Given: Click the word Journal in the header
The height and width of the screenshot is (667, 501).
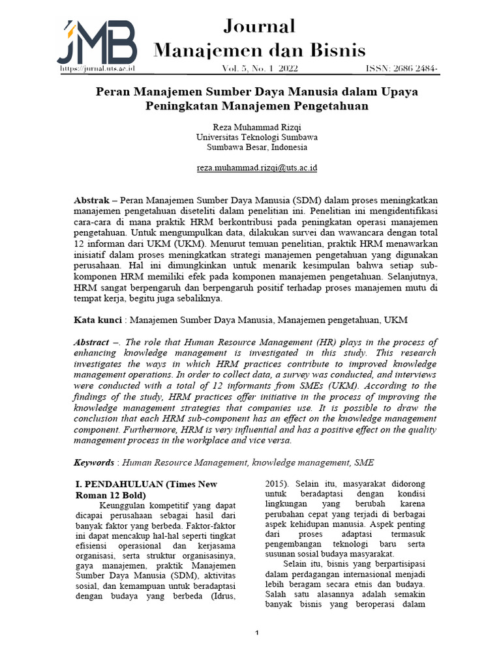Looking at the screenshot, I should coord(259,26).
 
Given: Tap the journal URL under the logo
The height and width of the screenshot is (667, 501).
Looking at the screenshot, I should coord(97,68).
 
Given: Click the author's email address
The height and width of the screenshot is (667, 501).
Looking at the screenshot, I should coord(257,167).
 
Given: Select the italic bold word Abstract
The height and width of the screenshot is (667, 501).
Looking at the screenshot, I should coord(91,342).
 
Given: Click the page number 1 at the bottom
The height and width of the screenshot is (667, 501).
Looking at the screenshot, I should coord(257,633).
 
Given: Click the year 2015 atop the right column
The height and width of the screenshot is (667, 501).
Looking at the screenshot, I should coord(277,483).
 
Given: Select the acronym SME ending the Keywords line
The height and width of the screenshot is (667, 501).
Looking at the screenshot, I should coord(364,462).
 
